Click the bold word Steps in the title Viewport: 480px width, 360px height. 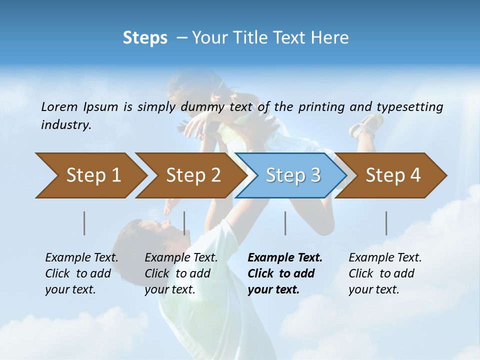[145, 38]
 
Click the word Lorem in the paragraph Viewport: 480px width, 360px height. [59, 107]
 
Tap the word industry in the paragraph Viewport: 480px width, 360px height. [66, 125]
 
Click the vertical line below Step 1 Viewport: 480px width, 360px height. [84, 223]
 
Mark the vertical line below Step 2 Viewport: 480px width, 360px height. [184, 223]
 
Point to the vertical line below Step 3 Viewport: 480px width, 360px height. [285, 223]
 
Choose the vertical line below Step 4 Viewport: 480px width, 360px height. [386, 223]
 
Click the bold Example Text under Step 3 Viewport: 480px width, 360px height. [285, 258]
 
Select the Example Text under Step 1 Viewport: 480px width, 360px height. [81, 258]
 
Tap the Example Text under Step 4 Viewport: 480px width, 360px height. [385, 258]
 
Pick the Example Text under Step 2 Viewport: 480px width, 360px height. [181, 258]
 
